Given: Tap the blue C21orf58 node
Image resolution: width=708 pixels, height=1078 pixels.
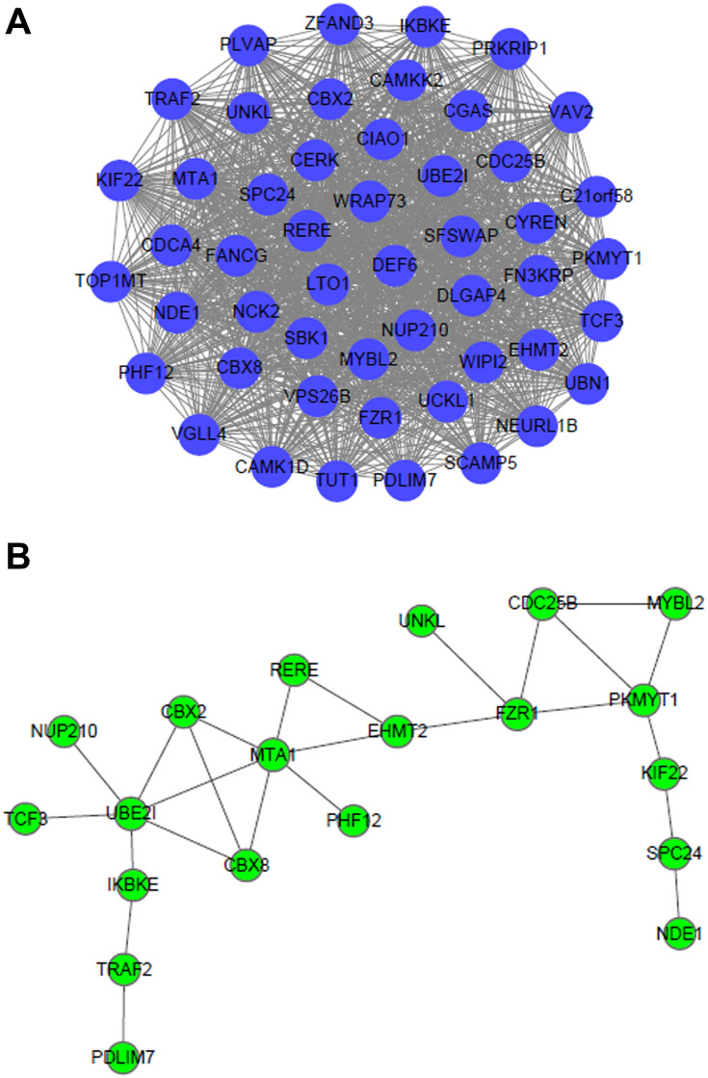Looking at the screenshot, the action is (x=596, y=197).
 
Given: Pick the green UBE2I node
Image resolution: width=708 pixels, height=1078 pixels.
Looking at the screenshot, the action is (x=132, y=815).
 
